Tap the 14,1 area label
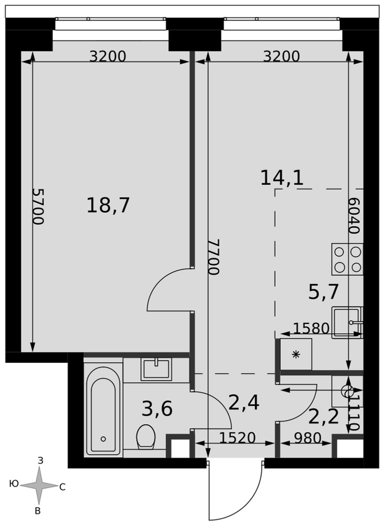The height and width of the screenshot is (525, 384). tap(282, 177)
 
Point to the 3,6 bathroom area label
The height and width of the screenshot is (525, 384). tap(157, 409)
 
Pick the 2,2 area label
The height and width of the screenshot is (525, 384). tap(324, 416)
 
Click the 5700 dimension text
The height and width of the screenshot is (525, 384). tap(38, 206)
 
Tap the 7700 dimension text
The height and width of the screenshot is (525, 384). tap(214, 257)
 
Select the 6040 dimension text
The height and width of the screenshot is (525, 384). tap(354, 215)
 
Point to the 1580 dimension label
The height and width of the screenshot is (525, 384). tap(312, 329)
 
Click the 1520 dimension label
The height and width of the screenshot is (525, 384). tap(238, 438)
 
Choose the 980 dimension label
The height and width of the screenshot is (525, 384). tap(307, 438)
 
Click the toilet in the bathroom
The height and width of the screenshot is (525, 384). tap(146, 437)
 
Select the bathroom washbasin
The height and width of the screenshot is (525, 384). tap(156, 369)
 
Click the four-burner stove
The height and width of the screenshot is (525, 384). tap(347, 259)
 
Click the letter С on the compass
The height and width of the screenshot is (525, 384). tap(62, 488)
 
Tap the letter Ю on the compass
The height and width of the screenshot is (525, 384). tap(14, 484)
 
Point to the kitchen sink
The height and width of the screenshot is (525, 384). tap(347, 322)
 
